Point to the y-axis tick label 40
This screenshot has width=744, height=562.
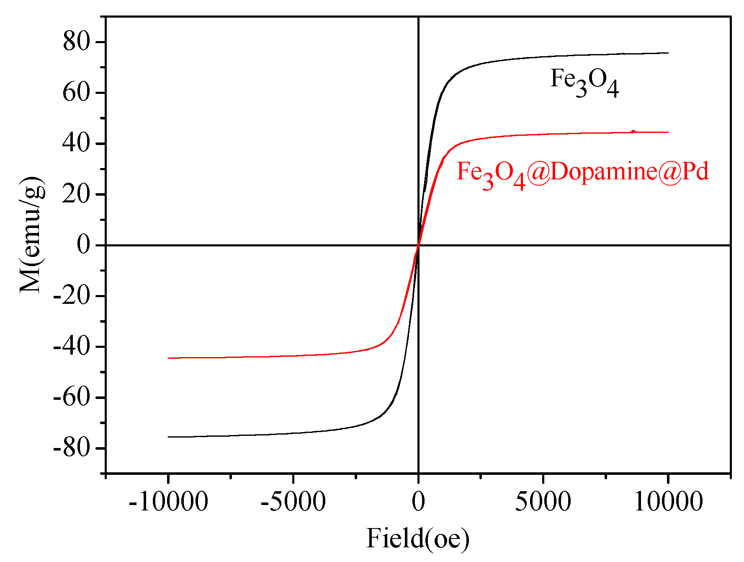76,143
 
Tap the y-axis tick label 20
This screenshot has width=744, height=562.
76,194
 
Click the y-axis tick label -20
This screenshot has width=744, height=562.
72,296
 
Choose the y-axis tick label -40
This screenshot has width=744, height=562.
72,347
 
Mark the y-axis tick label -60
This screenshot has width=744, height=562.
72,397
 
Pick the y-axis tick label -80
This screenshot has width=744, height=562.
72,448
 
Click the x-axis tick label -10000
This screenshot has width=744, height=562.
168,502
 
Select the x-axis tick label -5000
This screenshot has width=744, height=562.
293,502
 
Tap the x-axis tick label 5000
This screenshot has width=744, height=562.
543,502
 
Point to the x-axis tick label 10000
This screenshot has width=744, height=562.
668,502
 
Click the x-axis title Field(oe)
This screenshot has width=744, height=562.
418,539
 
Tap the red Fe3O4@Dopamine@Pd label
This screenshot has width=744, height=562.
582,173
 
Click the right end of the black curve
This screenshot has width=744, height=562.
668,53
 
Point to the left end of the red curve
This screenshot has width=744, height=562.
168,358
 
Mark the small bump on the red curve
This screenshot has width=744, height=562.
633,132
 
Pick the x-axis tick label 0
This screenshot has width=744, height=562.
418,502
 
